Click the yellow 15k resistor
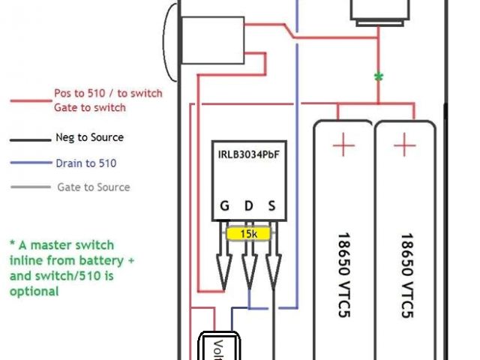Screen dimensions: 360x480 (248, 233)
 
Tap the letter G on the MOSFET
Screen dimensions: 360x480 (224, 206)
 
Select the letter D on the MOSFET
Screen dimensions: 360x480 (248, 206)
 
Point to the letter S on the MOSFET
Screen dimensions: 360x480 (271, 206)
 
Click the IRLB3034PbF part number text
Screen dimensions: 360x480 (247, 155)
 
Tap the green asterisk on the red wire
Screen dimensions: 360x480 (379, 77)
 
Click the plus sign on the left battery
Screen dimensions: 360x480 (343, 144)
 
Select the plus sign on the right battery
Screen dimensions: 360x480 (405, 144)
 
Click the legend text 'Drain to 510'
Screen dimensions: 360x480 (85, 163)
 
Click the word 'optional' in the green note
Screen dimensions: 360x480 (34, 291)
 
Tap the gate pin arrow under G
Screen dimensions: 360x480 (224, 270)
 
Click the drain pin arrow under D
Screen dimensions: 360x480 (248, 270)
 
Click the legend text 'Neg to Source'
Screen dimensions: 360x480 (89, 138)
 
